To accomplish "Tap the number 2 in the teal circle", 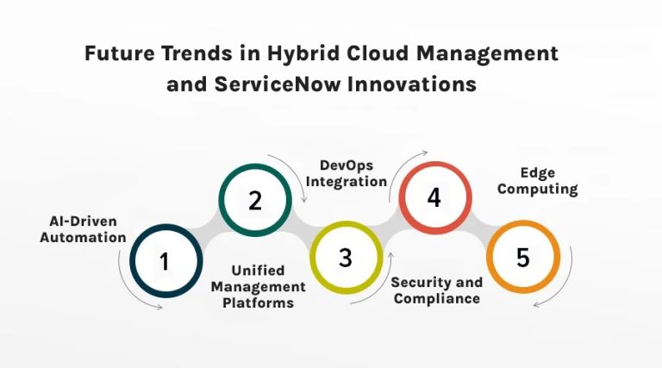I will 255,201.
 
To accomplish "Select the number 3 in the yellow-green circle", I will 345,258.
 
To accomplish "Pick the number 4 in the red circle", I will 434,197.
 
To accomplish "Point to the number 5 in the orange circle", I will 523,258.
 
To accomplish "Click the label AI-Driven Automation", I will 83,228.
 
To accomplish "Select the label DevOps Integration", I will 353,172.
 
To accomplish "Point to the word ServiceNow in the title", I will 272,84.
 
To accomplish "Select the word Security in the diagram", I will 421,283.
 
